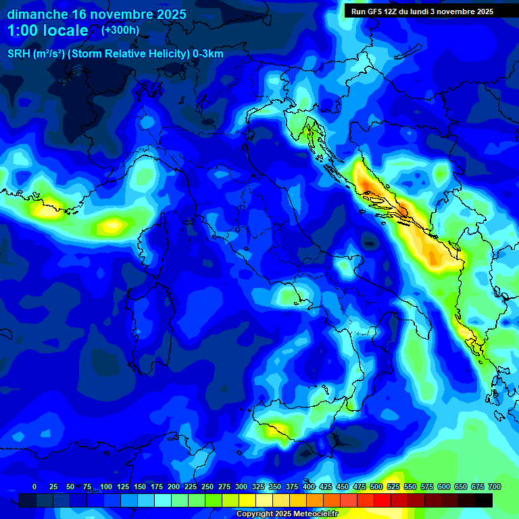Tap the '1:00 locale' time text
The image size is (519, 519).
click(47, 30)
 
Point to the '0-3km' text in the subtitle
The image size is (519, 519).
click(208, 54)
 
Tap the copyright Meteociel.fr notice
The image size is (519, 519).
click(287, 514)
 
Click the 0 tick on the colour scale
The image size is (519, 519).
click(34, 487)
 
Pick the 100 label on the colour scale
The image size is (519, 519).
click(106, 487)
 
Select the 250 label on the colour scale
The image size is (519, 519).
click(207, 487)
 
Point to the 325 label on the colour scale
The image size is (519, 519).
click(258, 487)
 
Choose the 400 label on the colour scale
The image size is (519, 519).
click(309, 487)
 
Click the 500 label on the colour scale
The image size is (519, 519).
click(376, 487)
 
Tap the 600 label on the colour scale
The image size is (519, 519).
click(444, 487)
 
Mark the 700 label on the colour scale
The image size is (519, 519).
click(494, 487)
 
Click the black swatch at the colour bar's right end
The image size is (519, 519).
click(484, 500)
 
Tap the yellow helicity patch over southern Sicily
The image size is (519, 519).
click(277, 429)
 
